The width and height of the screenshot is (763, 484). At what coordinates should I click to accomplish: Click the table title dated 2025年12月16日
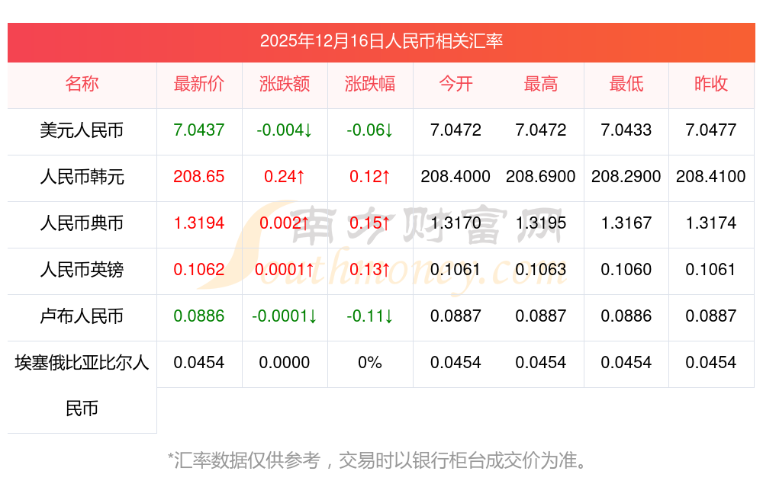(x=381, y=41)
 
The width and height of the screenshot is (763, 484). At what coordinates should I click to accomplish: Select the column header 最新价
(x=199, y=84)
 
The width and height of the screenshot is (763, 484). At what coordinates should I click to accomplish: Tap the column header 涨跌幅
(x=370, y=84)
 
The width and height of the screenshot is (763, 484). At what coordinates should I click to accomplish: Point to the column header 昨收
(x=711, y=84)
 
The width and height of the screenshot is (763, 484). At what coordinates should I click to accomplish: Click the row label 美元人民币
(x=82, y=130)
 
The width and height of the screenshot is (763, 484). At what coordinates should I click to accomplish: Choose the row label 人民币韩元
(x=82, y=177)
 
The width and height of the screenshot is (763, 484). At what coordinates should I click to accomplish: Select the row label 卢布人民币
(x=82, y=316)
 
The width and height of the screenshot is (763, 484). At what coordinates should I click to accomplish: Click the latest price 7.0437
(x=199, y=130)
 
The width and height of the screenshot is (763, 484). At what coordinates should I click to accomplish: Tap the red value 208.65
(x=199, y=177)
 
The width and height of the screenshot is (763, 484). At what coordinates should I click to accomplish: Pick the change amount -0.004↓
(x=285, y=130)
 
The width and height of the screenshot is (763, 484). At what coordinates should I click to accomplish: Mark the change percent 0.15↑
(x=370, y=223)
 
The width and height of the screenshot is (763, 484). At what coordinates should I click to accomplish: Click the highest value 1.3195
(x=541, y=223)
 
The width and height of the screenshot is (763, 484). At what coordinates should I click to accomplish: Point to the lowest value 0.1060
(x=626, y=270)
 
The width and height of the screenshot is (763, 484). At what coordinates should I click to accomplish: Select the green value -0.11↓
(x=370, y=316)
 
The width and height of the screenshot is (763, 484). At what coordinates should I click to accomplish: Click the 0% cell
(x=370, y=363)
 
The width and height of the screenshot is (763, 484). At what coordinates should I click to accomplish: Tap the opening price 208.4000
(x=456, y=177)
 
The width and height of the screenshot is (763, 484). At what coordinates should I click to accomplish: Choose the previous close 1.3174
(x=711, y=223)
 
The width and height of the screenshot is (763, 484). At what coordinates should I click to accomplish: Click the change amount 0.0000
(x=285, y=363)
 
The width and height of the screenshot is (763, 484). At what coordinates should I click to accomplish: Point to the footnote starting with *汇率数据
(x=378, y=460)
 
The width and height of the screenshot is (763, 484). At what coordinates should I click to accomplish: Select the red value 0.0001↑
(x=285, y=270)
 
